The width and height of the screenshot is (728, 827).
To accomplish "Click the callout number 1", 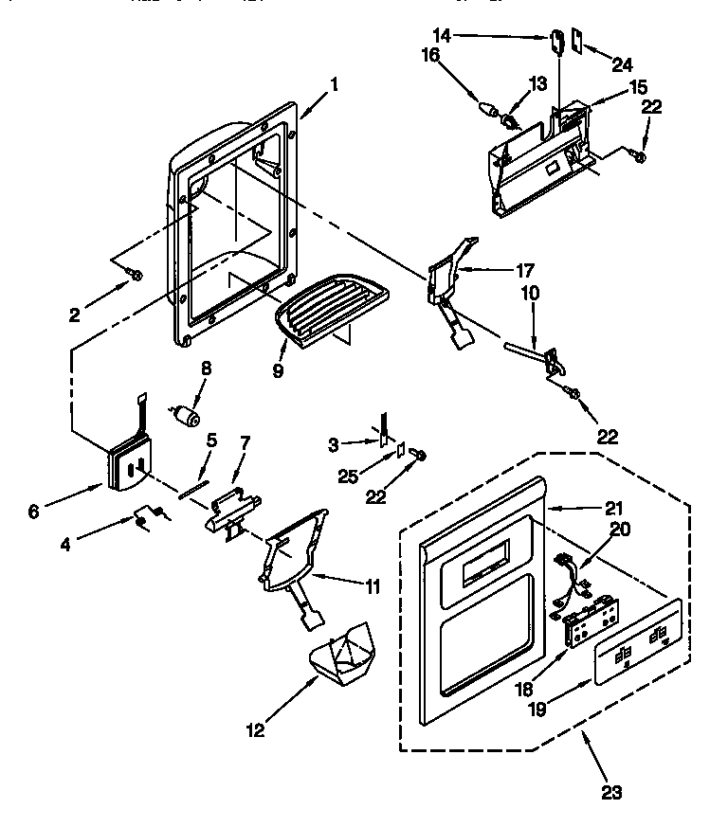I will click(x=333, y=83).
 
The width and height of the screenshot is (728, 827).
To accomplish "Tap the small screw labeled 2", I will click(x=136, y=275).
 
